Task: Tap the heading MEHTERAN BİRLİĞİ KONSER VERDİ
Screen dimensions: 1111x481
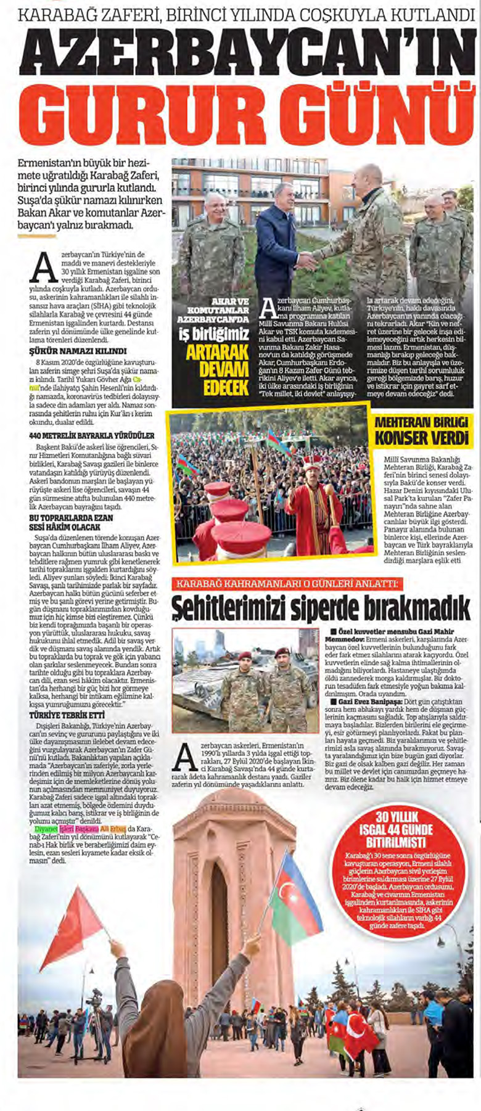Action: pos(422,430)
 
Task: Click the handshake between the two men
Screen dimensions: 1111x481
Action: pos(306,261)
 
